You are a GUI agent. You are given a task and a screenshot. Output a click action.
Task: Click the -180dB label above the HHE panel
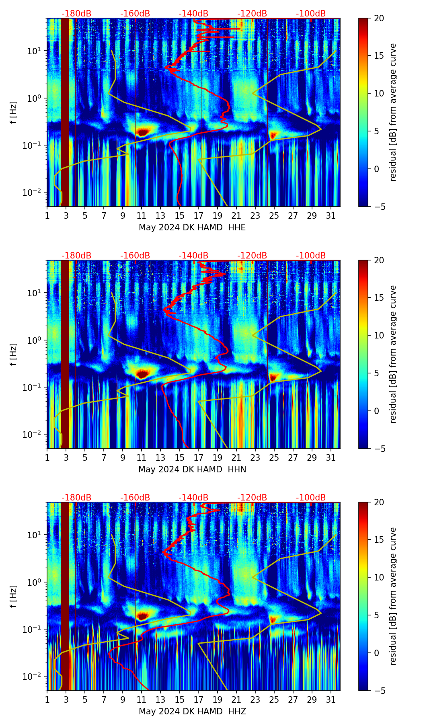[76, 14]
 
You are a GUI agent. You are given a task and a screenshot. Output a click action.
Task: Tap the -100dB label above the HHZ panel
[311, 498]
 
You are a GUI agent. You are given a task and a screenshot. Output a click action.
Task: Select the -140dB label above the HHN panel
[193, 256]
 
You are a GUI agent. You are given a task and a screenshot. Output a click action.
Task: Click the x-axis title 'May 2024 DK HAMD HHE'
[192, 228]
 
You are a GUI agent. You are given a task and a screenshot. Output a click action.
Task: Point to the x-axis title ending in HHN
[192, 470]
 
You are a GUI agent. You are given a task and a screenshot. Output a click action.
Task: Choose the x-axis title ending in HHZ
[192, 712]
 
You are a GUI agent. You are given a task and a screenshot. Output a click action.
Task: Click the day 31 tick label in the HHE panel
[331, 216]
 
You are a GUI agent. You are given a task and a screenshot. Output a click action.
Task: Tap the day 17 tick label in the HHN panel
[199, 458]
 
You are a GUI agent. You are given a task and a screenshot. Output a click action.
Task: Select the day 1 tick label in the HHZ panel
[47, 700]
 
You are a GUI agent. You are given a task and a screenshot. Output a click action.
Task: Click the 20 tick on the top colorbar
[379, 18]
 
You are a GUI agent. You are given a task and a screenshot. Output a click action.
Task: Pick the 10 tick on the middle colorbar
[379, 335]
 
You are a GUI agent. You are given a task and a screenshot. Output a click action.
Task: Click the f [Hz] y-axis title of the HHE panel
[14, 113]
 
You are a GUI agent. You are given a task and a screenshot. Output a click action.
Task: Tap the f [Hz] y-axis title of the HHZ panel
[14, 597]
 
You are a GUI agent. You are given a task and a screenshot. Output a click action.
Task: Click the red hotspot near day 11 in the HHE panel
[143, 132]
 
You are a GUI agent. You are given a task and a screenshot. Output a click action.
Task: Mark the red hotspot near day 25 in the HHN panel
[273, 377]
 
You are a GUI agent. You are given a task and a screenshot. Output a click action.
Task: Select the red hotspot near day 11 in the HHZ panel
[142, 615]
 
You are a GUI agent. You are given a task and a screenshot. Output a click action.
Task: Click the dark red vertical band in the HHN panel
[65, 354]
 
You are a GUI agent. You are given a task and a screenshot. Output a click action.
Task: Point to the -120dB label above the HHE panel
[252, 14]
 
